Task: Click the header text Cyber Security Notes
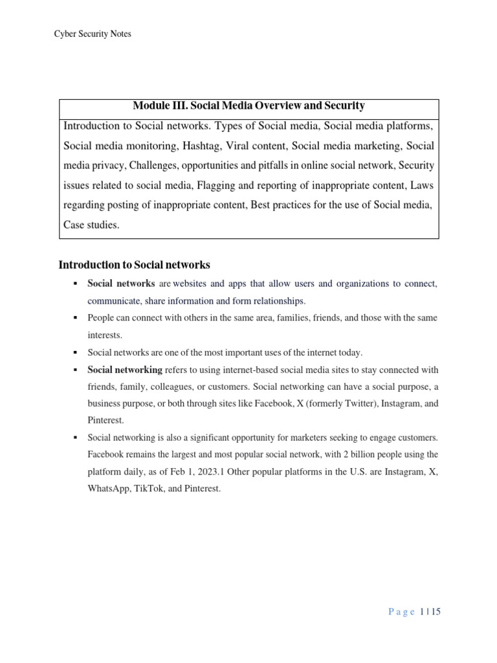click(x=93, y=34)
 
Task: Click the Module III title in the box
click(x=248, y=106)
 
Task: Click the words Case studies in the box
click(x=91, y=226)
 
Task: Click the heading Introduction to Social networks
click(x=134, y=265)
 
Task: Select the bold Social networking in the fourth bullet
click(x=125, y=370)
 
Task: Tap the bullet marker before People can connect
click(x=75, y=319)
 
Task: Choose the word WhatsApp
click(x=109, y=488)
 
